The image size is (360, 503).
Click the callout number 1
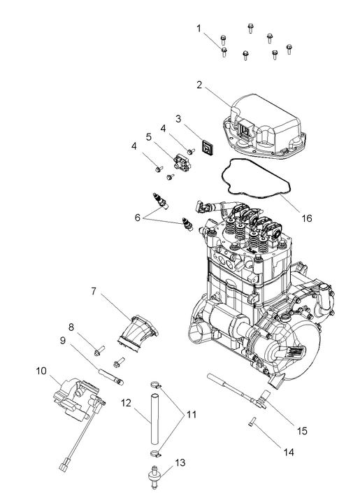[x=199, y=28]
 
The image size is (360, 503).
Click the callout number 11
[x=192, y=414]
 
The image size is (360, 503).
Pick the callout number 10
[x=41, y=371]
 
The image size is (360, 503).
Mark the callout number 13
[x=179, y=463]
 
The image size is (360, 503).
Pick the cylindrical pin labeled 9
[x=112, y=374]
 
